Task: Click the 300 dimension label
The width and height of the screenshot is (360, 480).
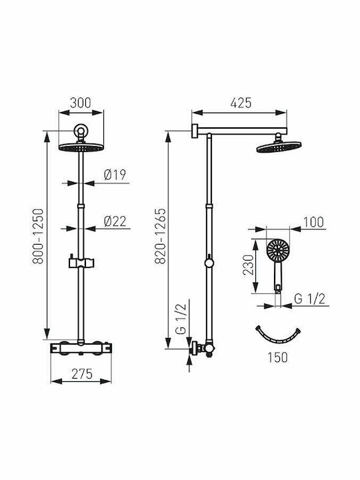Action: [81, 103]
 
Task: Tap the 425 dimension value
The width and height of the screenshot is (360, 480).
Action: [241, 103]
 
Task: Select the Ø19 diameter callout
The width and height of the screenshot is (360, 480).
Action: [115, 175]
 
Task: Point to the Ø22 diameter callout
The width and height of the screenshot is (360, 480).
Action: [115, 221]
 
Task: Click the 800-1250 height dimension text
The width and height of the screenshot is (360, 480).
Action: [39, 236]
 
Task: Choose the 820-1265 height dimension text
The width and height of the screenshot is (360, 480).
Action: [160, 236]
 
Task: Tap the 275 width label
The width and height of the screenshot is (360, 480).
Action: [82, 374]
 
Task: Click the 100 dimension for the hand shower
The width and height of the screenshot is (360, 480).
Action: [313, 222]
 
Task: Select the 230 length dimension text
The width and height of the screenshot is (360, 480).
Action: [248, 265]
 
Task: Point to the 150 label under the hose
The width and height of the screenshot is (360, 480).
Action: [277, 357]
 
